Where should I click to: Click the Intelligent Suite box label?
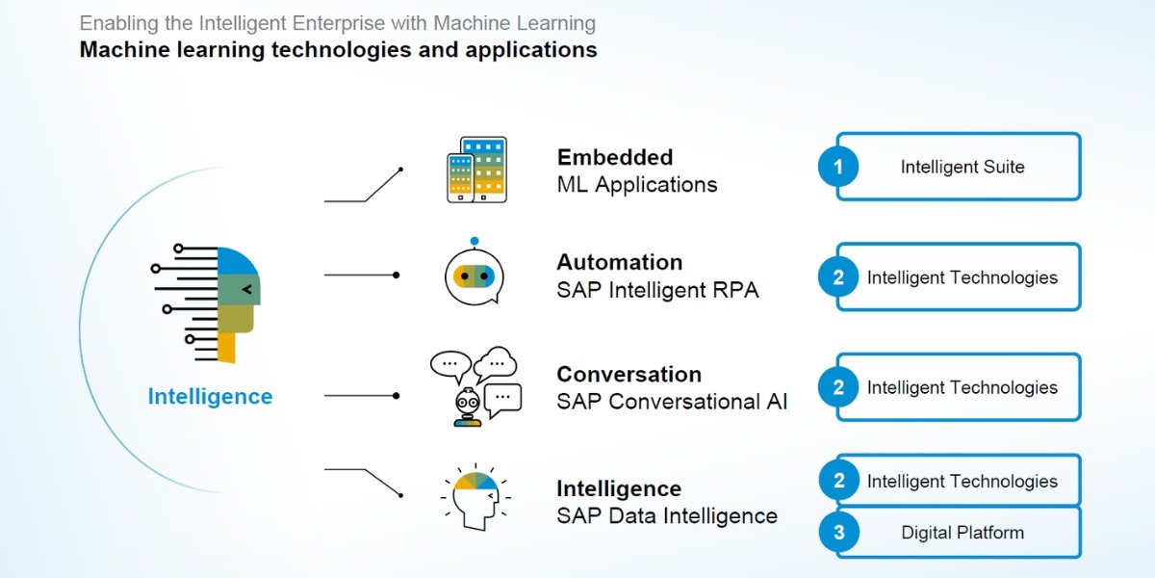pos(962,167)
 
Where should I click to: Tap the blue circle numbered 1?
pos(838,168)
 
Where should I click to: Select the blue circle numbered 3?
pos(838,533)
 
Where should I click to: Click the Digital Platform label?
pos(962,533)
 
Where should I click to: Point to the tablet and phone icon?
pos(476,170)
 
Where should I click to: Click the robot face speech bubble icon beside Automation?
pos(474,274)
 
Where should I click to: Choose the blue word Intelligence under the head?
pos(210,397)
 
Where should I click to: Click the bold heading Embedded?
pos(614,157)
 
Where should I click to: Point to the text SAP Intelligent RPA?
pos(657,290)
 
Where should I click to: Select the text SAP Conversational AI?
pos(672,402)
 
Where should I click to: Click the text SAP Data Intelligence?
pos(666,515)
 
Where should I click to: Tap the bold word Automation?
pos(619,262)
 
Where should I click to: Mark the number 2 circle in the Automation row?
pos(838,277)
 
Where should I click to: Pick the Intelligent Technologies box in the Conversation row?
pos(962,387)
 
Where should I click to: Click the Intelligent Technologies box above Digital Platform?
pos(962,481)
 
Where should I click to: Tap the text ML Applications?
pos(636,185)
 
